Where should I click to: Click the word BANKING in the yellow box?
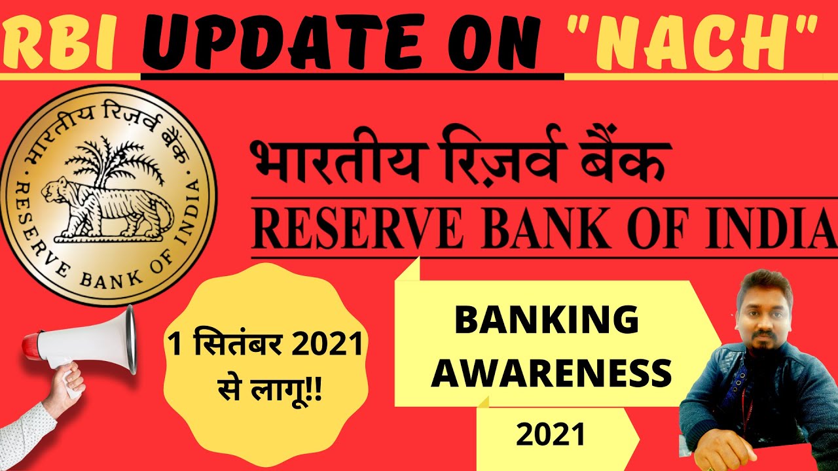pyautogui.click(x=546, y=321)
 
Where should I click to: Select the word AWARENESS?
pyautogui.click(x=551, y=374)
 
